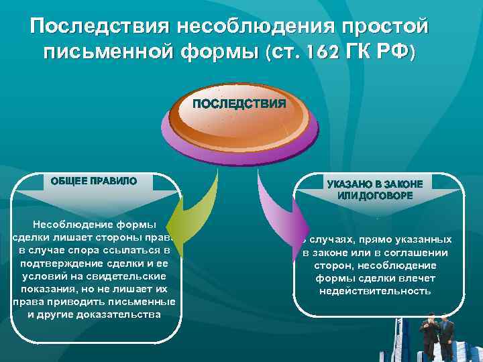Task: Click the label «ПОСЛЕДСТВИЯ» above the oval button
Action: [239, 104]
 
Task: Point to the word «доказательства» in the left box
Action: [120, 314]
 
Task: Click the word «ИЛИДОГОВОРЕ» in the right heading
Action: [375, 196]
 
